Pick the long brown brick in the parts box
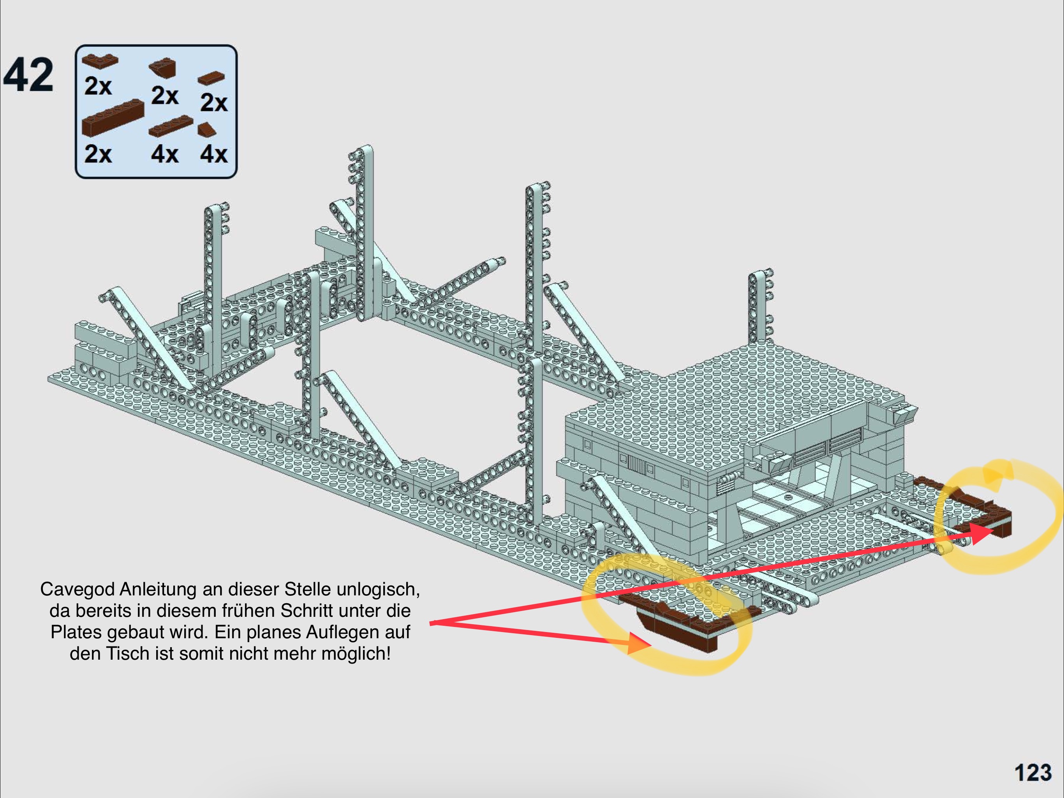point(113,117)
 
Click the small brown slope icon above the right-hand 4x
point(207,129)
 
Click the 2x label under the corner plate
point(98,87)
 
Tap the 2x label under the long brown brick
point(98,154)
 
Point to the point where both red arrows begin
point(430,623)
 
